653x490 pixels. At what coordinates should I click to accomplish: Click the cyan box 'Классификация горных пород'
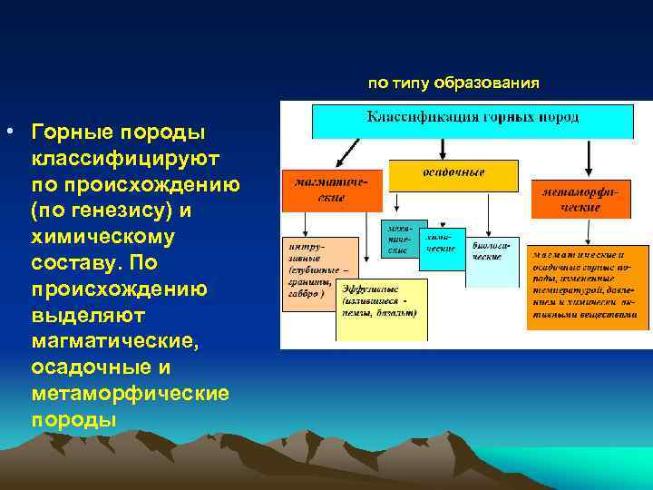[x=473, y=120]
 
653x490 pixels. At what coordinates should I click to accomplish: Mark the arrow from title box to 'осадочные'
[x=442, y=149]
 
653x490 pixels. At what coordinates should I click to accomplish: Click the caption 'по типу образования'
[x=453, y=83]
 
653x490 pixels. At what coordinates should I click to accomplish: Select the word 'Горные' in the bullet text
[x=67, y=132]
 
